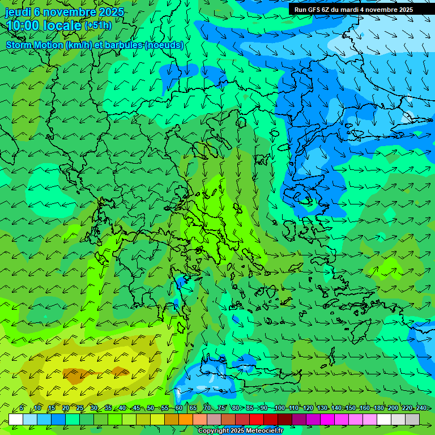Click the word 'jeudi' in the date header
click(x=18, y=12)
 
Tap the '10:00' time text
click(x=23, y=25)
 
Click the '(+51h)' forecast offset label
click(x=98, y=25)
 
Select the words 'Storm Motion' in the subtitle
click(x=35, y=45)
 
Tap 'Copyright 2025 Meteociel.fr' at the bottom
click(x=240, y=430)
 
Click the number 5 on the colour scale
click(x=22, y=408)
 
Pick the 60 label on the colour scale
click(x=179, y=408)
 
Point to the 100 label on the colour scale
click(x=279, y=408)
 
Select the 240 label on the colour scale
click(x=421, y=408)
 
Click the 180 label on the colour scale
click(x=378, y=408)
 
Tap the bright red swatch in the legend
click(x=257, y=419)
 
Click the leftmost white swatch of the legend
click(x=16, y=419)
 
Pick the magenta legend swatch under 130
click(x=313, y=419)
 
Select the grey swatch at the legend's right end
click(x=412, y=419)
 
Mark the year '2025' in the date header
click(x=111, y=12)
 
